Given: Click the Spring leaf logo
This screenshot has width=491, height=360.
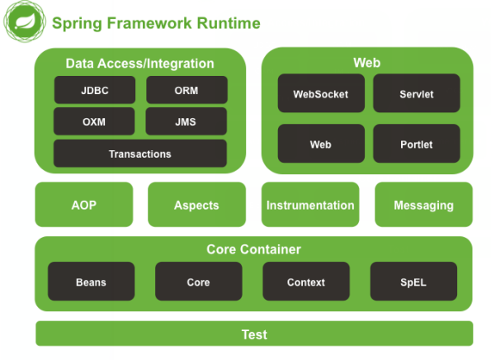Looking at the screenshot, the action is pos(25,21).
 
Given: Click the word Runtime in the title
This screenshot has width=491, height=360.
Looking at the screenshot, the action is pos(229,23).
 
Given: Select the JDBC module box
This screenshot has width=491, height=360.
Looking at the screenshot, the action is pos(95,90).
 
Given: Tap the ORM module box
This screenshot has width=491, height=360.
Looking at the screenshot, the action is pos(186,90).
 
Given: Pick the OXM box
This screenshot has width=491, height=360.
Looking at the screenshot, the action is pos(94,121).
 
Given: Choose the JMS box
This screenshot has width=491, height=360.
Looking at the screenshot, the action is pos(186,121).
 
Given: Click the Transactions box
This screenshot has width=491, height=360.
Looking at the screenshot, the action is pos(140,154).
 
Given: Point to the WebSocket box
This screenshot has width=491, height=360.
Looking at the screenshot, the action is pos(321,93).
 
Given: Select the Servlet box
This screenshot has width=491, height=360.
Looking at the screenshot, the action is pos(417,93).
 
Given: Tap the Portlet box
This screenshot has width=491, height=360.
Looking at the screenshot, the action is pos(417,144).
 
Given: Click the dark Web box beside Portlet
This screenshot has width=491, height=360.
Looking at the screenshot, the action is pos(321,144).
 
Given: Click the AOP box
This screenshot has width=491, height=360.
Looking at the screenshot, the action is pos(84,205).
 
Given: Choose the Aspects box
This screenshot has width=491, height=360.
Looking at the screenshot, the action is pos(196,205).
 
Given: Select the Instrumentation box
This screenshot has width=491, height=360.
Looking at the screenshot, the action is pos(310,205).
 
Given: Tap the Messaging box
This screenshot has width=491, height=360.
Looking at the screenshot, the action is pos(423,205).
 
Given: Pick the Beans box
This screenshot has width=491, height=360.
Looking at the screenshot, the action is pos(91,282).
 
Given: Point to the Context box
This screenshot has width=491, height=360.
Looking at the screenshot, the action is pos(306,282).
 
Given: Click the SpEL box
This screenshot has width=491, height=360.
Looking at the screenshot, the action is pos(413,282).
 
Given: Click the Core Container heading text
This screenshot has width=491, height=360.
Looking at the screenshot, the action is pos(253,249).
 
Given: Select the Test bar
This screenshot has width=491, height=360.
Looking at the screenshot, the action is pos(254,334).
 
